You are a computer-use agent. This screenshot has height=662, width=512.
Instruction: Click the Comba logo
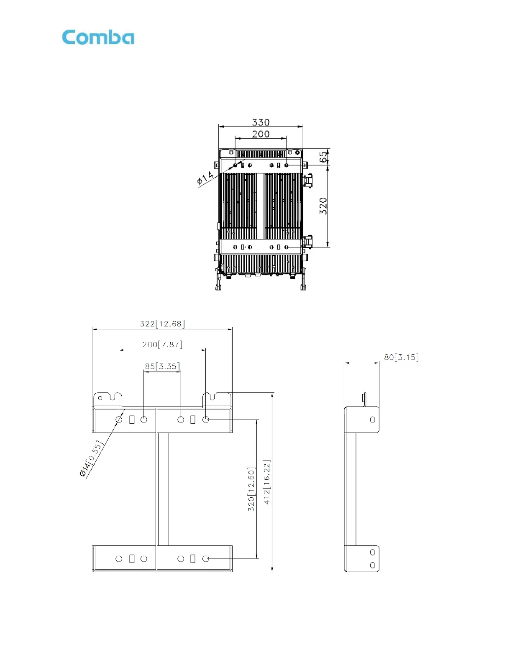98,38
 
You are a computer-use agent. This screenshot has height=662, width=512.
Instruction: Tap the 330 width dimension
261,122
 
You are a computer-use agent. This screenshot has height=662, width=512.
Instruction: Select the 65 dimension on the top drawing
323,157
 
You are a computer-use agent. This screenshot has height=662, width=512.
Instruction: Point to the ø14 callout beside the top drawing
205,178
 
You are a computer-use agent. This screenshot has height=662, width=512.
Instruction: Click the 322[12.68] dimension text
162,323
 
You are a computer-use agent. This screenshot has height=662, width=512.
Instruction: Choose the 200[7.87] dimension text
162,344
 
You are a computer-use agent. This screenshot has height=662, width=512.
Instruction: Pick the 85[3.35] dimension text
162,366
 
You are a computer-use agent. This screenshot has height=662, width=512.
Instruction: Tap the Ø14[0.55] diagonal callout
92,458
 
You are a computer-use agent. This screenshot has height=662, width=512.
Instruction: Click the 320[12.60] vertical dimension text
251,489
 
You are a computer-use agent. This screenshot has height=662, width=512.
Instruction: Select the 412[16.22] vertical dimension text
266,482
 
